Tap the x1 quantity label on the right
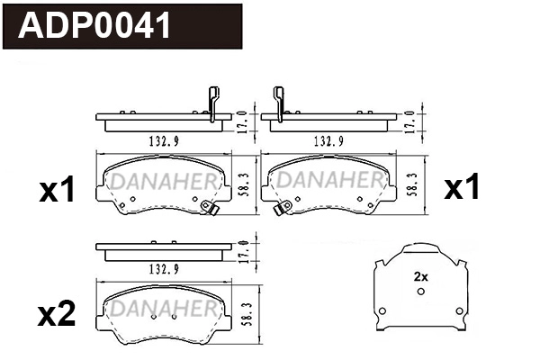[x=463, y=187]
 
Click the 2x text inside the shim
[x=419, y=277]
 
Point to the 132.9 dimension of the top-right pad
[x=326, y=142]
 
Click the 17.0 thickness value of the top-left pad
[x=243, y=119]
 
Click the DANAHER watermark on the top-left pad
[x=160, y=183]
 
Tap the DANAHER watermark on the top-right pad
[x=327, y=183]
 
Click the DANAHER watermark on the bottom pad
[x=160, y=310]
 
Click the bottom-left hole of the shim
[x=382, y=313]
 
